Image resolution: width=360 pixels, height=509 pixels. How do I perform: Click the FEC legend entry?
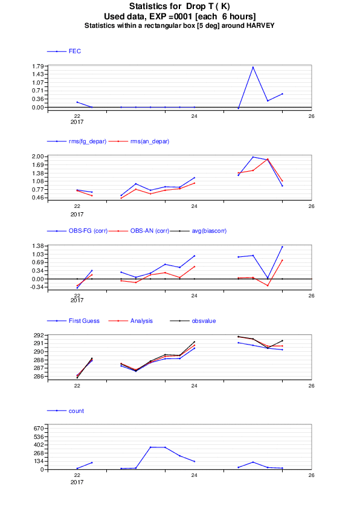click(x=74, y=51)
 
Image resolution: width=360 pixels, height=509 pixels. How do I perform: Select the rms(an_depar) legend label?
click(x=150, y=141)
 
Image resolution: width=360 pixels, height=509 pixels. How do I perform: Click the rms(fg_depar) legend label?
click(x=88, y=141)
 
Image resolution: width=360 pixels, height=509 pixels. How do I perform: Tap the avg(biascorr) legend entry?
click(x=209, y=231)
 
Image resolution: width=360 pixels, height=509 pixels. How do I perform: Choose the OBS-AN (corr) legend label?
click(x=150, y=231)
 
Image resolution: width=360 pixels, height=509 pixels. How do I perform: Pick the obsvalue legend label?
click(x=204, y=321)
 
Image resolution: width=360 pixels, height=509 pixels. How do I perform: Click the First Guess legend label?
click(x=84, y=321)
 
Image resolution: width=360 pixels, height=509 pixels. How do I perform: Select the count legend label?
click(x=76, y=411)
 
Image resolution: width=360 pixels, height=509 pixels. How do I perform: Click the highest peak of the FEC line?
click(x=253, y=67)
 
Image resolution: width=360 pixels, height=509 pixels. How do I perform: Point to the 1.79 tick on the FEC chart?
click(x=38, y=66)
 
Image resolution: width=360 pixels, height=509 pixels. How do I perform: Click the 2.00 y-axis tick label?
click(x=38, y=157)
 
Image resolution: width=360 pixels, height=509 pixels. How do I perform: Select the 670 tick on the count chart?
click(x=39, y=429)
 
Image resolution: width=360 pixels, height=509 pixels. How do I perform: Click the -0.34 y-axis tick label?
click(x=37, y=287)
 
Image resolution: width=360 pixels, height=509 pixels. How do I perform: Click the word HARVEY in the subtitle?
click(x=260, y=25)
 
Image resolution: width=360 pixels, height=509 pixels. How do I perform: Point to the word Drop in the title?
click(x=196, y=6)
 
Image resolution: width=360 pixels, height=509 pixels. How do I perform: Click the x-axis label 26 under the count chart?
click(x=311, y=475)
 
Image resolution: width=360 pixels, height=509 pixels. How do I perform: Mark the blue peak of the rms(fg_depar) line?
click(x=253, y=157)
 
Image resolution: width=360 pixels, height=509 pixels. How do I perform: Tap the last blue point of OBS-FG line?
click(x=282, y=247)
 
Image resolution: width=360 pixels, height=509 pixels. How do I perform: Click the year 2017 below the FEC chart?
click(x=77, y=122)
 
